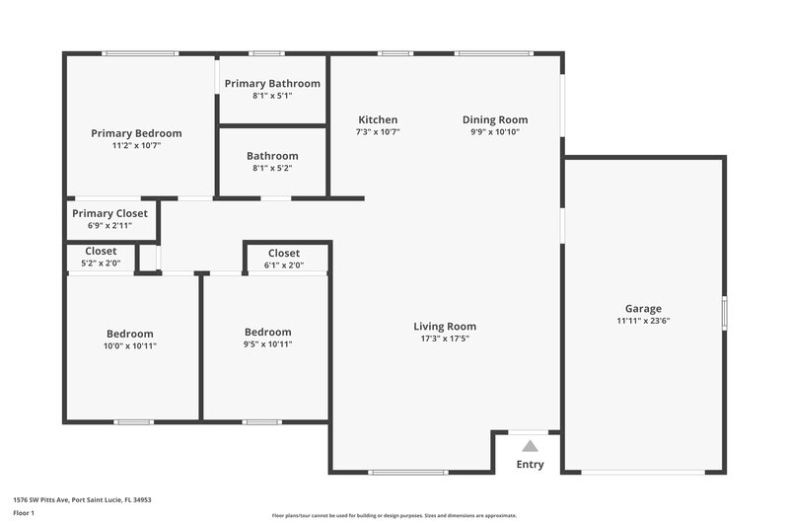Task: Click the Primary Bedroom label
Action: click(x=136, y=133)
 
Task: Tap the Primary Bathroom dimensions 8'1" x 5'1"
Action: click(x=272, y=97)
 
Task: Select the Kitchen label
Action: click(x=378, y=119)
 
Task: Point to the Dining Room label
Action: click(x=495, y=119)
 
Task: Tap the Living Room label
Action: click(x=444, y=327)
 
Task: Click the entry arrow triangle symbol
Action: click(x=530, y=446)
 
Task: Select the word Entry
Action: click(x=530, y=465)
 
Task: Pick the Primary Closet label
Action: click(x=109, y=213)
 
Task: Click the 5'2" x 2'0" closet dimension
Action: click(x=101, y=263)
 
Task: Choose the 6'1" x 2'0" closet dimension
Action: click(x=284, y=264)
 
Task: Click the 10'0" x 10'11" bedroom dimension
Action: click(x=130, y=345)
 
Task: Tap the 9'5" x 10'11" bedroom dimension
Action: click(x=268, y=344)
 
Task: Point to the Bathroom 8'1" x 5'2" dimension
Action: click(x=272, y=168)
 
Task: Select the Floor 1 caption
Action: click(x=23, y=514)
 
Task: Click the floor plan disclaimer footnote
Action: click(x=394, y=515)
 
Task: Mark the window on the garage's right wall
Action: click(x=724, y=313)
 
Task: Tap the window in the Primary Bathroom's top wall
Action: click(x=265, y=53)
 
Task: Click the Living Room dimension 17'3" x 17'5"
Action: click(x=444, y=338)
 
